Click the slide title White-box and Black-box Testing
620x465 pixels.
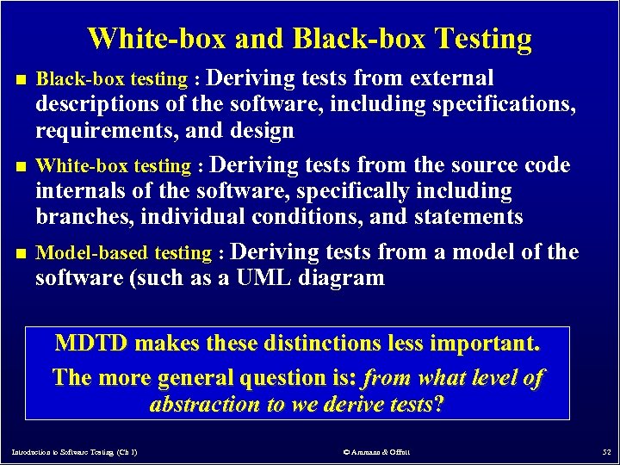pyautogui.click(x=310, y=39)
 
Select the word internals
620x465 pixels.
pyautogui.click(x=79, y=190)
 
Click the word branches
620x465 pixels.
pyautogui.click(x=79, y=216)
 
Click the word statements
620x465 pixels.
pyautogui.click(x=468, y=216)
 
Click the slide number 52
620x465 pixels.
pyautogui.click(x=605, y=451)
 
